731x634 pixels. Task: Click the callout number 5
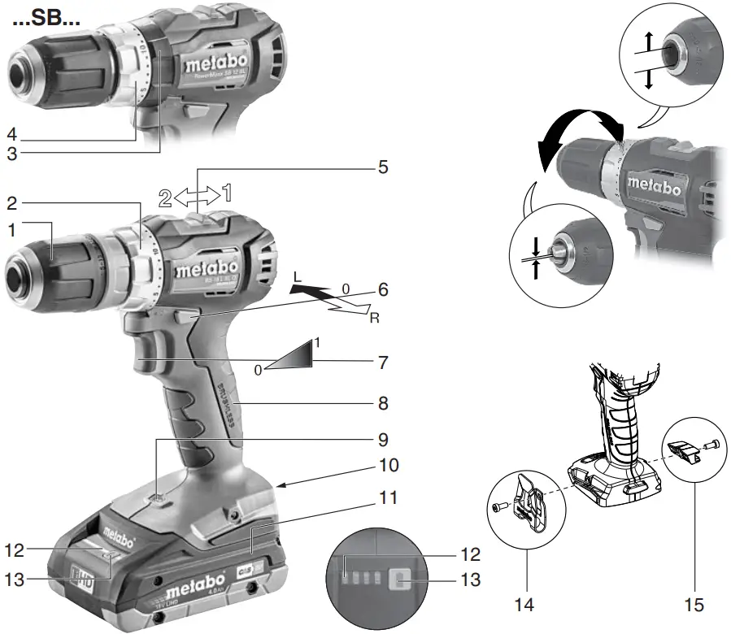(x=383, y=167)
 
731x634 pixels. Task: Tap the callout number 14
(x=525, y=605)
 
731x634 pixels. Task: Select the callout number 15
(x=694, y=605)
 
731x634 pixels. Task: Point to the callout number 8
(x=383, y=402)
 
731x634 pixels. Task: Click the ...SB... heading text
(x=46, y=18)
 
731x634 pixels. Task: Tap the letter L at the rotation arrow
(x=298, y=277)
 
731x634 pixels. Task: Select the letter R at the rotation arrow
(x=374, y=317)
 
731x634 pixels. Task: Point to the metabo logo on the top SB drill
(x=211, y=63)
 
